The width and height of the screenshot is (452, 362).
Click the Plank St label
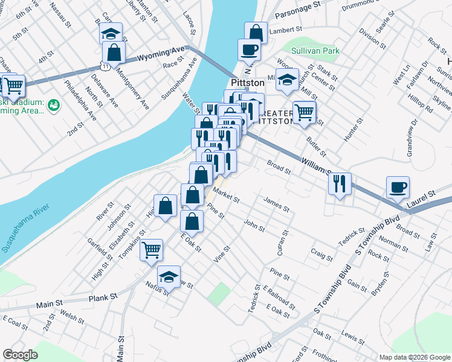pos(103,297)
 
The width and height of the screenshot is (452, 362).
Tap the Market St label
pos(227,194)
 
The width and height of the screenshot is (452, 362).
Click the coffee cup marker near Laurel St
pos(398,187)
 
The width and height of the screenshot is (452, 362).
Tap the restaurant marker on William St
pos(340,183)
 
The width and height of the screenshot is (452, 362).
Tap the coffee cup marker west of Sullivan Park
pos(248,49)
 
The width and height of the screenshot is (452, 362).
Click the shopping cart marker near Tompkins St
pos(151,249)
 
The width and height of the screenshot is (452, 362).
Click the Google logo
pos(21,355)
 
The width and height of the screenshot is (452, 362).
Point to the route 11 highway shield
pos(106,65)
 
